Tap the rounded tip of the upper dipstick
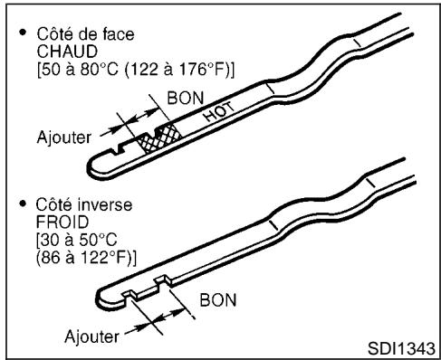(93, 171)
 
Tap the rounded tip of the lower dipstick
(101, 298)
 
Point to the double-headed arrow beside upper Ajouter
(133, 127)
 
